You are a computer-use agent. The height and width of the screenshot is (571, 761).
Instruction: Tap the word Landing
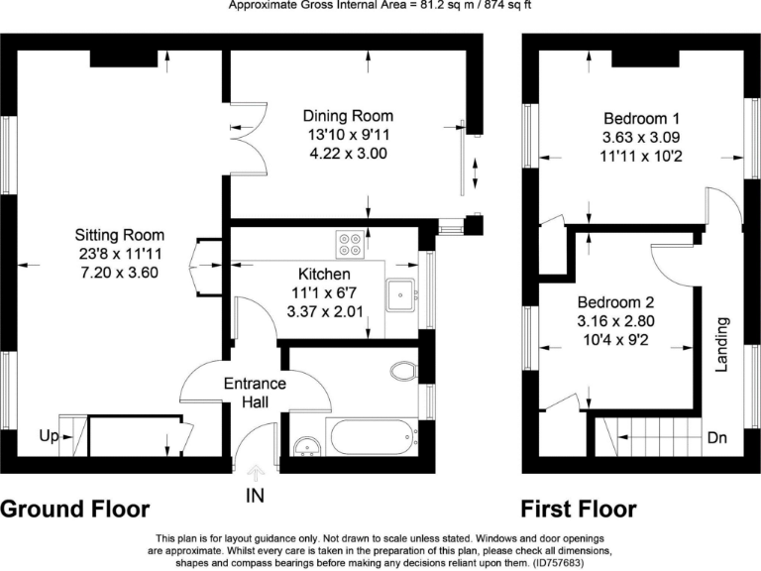click(x=722, y=345)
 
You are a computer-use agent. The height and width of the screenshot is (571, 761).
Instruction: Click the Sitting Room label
click(x=119, y=235)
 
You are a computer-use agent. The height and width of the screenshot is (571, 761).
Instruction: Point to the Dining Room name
click(x=348, y=116)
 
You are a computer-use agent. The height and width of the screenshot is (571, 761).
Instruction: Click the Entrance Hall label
click(x=255, y=393)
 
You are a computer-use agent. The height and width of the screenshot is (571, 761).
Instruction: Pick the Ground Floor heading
click(x=75, y=510)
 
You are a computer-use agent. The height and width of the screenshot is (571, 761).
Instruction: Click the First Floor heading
click(x=579, y=510)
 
